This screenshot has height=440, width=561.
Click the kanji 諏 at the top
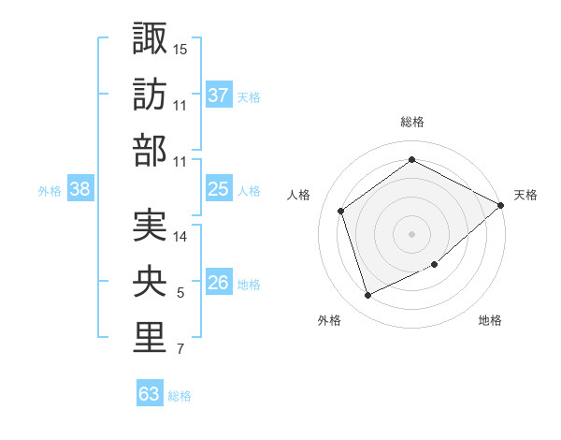coord(150,38)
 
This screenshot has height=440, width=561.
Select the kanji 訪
coord(150,95)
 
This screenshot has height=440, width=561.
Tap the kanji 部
coord(150,151)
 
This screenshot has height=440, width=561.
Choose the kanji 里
coord(150,338)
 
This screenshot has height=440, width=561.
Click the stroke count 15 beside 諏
coord(180,48)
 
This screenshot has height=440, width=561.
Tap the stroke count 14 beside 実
coord(180,237)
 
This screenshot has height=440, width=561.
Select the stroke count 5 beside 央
coord(180,294)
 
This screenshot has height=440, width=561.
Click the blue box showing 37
coord(218,95)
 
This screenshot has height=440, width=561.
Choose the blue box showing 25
coord(218,189)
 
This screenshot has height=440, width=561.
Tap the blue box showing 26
coord(218,284)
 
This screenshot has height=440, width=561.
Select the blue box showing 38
coord(80,189)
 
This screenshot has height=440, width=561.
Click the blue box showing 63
coord(150,394)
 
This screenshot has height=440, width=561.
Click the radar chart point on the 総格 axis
coord(411,160)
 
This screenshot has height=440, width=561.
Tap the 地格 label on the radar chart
coord(490,320)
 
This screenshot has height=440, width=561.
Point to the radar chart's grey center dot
coord(411,234)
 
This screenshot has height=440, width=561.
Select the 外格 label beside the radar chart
coord(329,320)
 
